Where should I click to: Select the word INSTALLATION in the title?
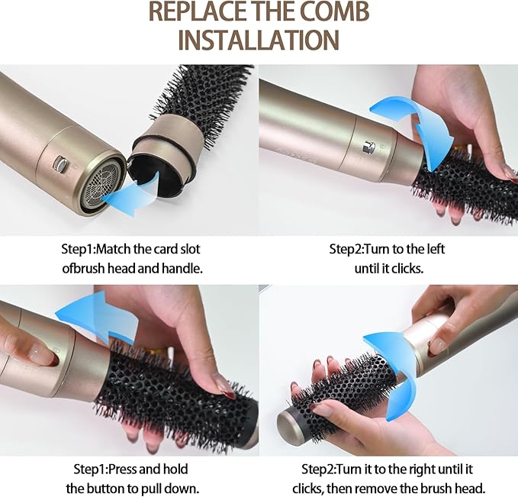pos(259,39)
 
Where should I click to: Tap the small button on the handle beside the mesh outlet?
pos(59,163)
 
